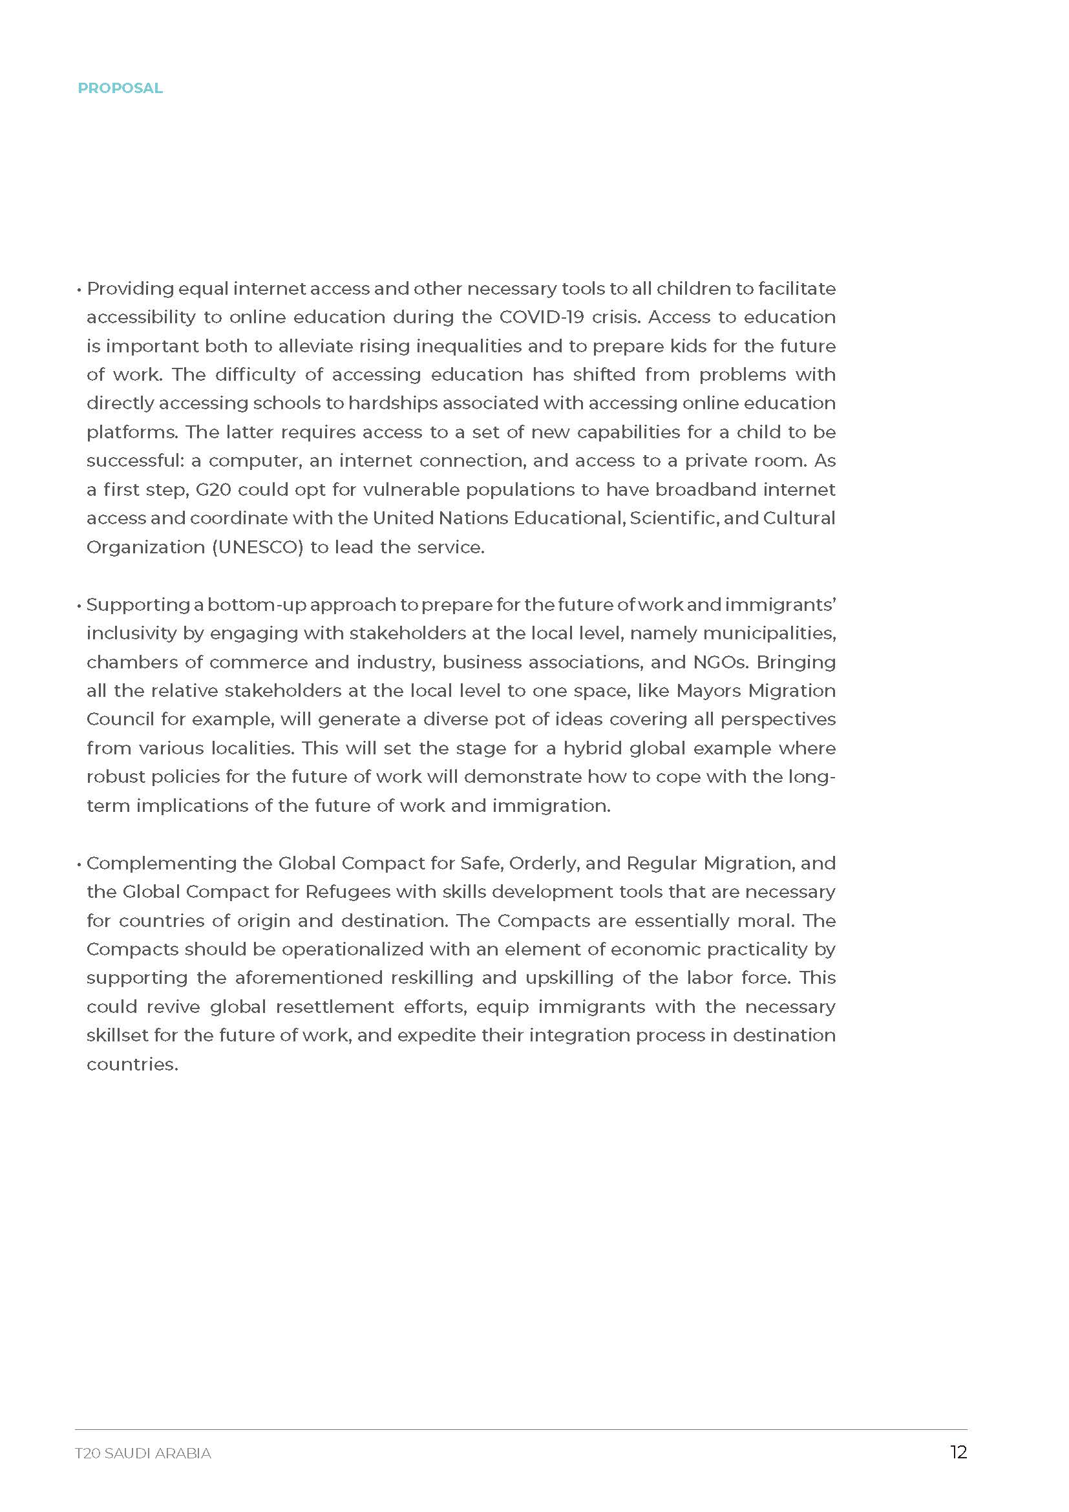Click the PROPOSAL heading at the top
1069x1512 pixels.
[120, 89]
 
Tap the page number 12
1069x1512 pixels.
[958, 1453]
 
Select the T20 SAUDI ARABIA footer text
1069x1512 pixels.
[143, 1453]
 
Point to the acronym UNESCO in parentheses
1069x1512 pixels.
[258, 548]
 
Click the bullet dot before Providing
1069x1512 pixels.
[79, 290]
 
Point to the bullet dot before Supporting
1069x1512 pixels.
[79, 606]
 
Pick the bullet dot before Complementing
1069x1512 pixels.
[79, 864]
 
